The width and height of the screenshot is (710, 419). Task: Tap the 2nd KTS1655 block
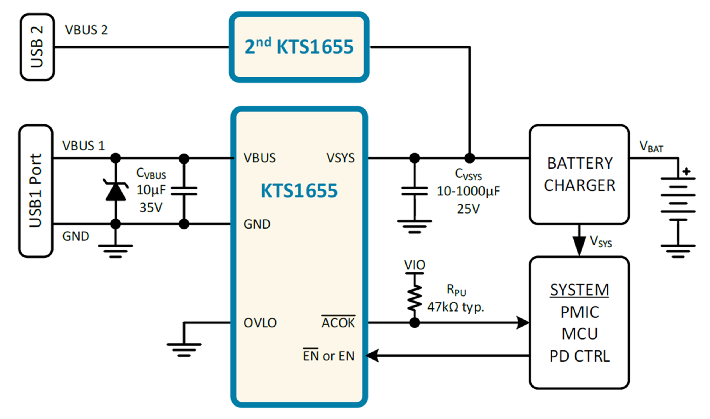point(299,47)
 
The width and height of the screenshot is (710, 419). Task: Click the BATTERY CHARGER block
point(579,174)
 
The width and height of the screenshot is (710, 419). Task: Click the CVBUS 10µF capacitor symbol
point(184,191)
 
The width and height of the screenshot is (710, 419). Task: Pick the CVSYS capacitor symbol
point(415,191)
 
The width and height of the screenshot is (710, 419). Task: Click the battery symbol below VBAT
point(678,199)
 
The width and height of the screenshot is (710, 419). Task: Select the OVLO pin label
point(260,323)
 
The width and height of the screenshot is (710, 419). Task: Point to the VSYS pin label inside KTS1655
point(340,158)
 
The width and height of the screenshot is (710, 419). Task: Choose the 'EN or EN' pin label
point(328,355)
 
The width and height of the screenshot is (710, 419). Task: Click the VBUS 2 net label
point(86,30)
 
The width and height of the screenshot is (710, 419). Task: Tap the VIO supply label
point(415,265)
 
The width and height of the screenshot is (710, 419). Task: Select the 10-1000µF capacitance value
point(468,191)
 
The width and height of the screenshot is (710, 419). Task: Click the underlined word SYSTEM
point(579,290)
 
